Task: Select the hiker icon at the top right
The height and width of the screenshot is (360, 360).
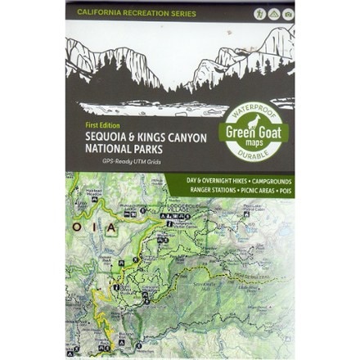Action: coord(258,14)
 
